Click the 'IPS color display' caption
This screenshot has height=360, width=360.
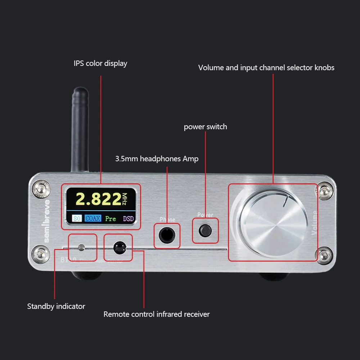coord(100,63)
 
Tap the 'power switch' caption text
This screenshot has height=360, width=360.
coord(205,127)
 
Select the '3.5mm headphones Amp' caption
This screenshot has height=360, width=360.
coord(157,158)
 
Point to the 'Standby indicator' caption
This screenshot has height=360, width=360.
coord(56,306)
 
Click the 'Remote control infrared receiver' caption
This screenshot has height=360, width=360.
coord(156,314)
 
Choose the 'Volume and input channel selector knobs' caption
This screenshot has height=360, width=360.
coord(266,67)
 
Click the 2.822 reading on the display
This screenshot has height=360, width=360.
coord(98,199)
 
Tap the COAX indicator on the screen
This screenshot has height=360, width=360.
coord(93,218)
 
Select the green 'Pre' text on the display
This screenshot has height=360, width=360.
coord(111,218)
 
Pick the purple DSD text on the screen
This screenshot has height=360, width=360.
coord(128,218)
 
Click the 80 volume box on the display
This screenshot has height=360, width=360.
coord(77,218)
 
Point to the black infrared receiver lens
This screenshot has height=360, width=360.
coord(118,247)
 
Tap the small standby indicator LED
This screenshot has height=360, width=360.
coord(81,247)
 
